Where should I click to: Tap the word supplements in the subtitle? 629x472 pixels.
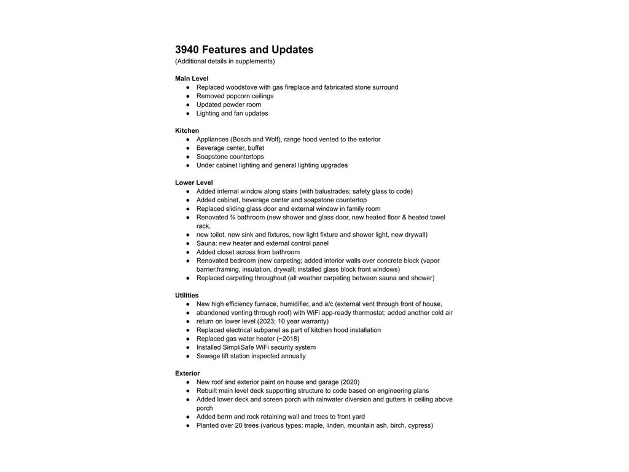click(254, 61)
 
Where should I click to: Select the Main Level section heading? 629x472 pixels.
click(192, 79)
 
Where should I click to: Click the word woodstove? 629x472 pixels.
click(241, 87)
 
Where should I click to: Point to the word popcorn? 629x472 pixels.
click(238, 96)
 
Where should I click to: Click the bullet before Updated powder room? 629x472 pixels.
click(188, 104)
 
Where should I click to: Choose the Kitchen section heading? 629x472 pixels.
click(187, 131)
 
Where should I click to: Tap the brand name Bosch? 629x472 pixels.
click(241, 140)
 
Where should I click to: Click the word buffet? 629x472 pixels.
click(256, 148)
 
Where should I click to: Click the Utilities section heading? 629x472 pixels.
click(187, 296)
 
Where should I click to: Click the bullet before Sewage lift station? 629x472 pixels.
click(188, 356)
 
